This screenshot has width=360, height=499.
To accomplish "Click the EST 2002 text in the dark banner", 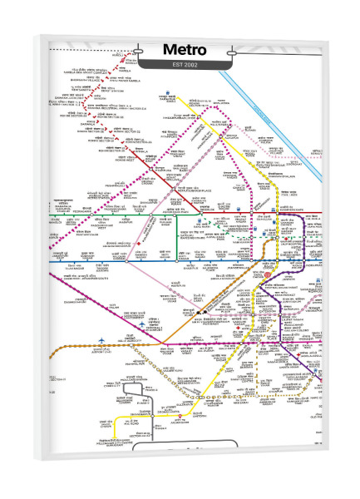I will coord(180,64).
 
